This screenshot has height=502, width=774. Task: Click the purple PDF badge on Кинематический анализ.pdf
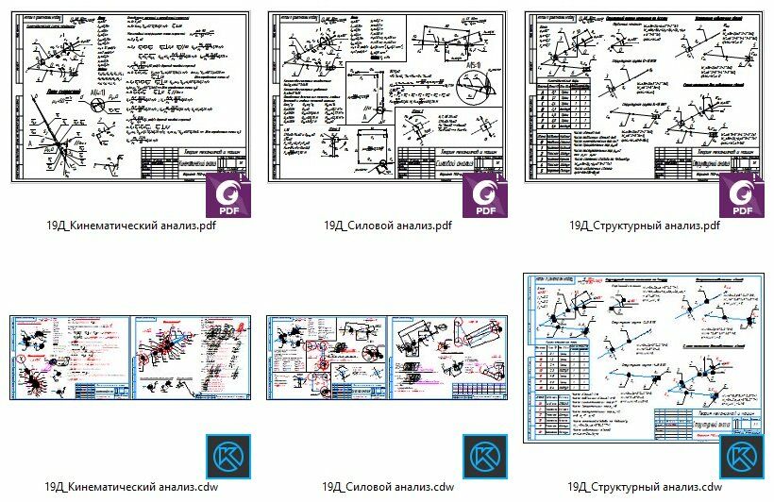click(227, 196)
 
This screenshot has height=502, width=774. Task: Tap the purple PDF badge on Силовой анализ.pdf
click(485, 196)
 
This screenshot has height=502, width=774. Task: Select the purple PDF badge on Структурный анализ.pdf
click(742, 196)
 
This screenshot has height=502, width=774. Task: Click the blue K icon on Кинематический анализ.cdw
click(227, 457)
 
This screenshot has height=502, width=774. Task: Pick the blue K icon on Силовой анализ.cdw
click(485, 457)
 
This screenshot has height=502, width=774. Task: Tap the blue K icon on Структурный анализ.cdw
click(742, 457)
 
